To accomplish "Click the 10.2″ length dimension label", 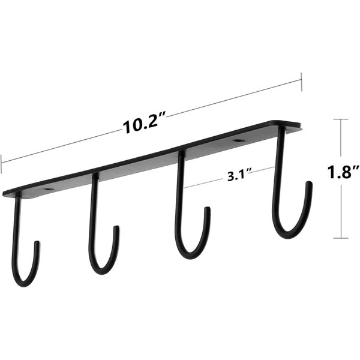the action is (x=144, y=125).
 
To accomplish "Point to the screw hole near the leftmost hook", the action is (x=49, y=190).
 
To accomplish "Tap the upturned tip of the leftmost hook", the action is (x=37, y=242).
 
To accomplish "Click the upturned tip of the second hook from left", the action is (x=116, y=227).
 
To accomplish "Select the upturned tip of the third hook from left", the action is (x=208, y=208).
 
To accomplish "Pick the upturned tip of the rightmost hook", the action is (x=310, y=183).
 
